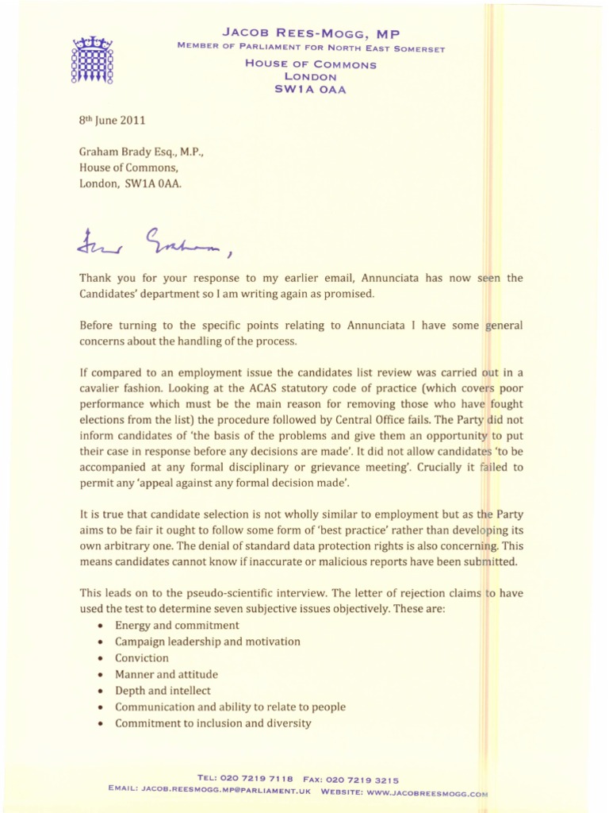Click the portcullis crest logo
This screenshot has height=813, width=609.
pos(93,61)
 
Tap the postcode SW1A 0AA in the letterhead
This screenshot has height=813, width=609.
pos(310,90)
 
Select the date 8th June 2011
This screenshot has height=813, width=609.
pos(112,121)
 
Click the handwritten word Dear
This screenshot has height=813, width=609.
pos(99,241)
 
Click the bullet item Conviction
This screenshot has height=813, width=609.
pos(142,658)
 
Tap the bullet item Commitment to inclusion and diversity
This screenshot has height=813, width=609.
pos(213,723)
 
